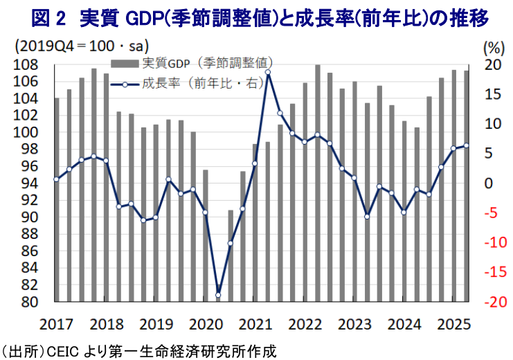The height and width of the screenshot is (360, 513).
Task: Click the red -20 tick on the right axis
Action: (x=491, y=303)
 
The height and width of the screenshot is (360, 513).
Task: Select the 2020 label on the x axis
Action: (x=206, y=324)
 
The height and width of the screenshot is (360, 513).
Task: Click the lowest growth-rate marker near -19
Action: (x=218, y=296)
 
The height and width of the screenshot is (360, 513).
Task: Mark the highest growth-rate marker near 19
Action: (x=267, y=72)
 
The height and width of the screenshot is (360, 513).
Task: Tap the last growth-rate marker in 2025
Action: (x=466, y=145)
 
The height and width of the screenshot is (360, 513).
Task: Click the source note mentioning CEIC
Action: (x=138, y=350)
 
